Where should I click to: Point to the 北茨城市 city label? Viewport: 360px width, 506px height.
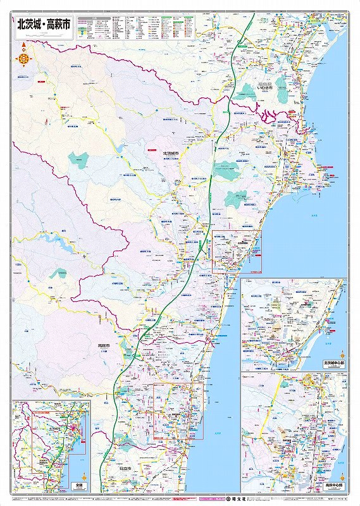[171, 153]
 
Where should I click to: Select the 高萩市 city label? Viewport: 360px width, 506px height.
[104, 346]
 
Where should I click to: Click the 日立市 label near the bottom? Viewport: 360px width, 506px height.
[125, 469]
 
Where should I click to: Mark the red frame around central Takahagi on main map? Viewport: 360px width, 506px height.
[178, 411]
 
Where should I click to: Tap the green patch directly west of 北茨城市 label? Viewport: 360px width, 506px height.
[79, 161]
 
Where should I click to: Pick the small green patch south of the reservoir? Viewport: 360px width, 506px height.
[61, 273]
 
